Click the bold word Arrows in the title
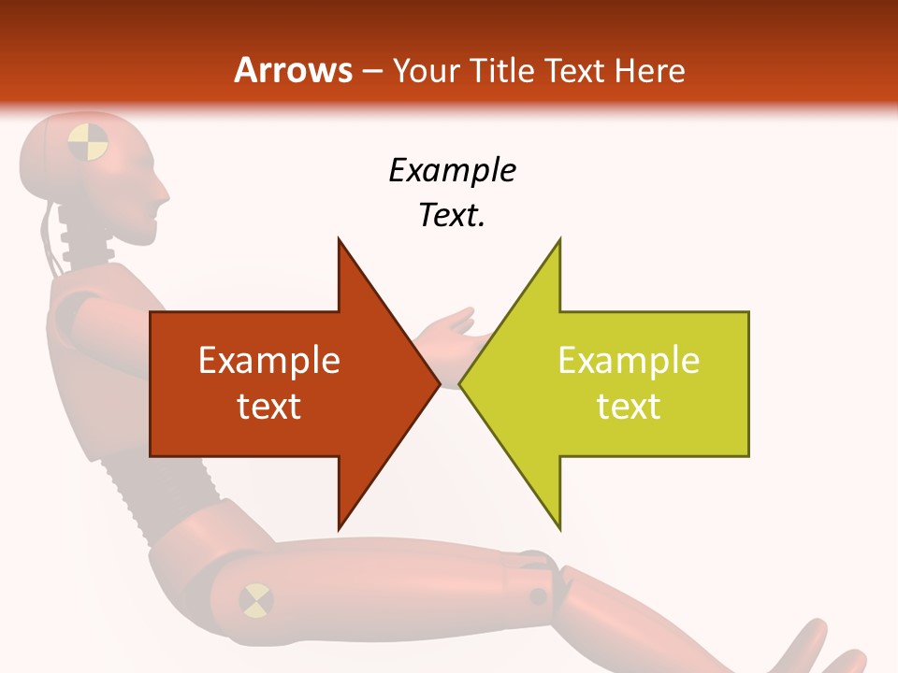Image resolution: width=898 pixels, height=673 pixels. [294, 71]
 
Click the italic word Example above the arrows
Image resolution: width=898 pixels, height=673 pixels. [452, 170]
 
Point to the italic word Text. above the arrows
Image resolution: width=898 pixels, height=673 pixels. [452, 215]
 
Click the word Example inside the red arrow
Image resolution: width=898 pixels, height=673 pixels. [268, 361]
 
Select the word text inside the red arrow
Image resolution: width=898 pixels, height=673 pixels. [268, 407]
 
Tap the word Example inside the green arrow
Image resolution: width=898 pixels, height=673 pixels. [629, 361]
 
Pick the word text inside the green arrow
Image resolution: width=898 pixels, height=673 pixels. [629, 407]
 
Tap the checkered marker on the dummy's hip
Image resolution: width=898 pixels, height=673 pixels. [255, 599]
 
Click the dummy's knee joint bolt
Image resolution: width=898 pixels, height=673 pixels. [538, 595]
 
